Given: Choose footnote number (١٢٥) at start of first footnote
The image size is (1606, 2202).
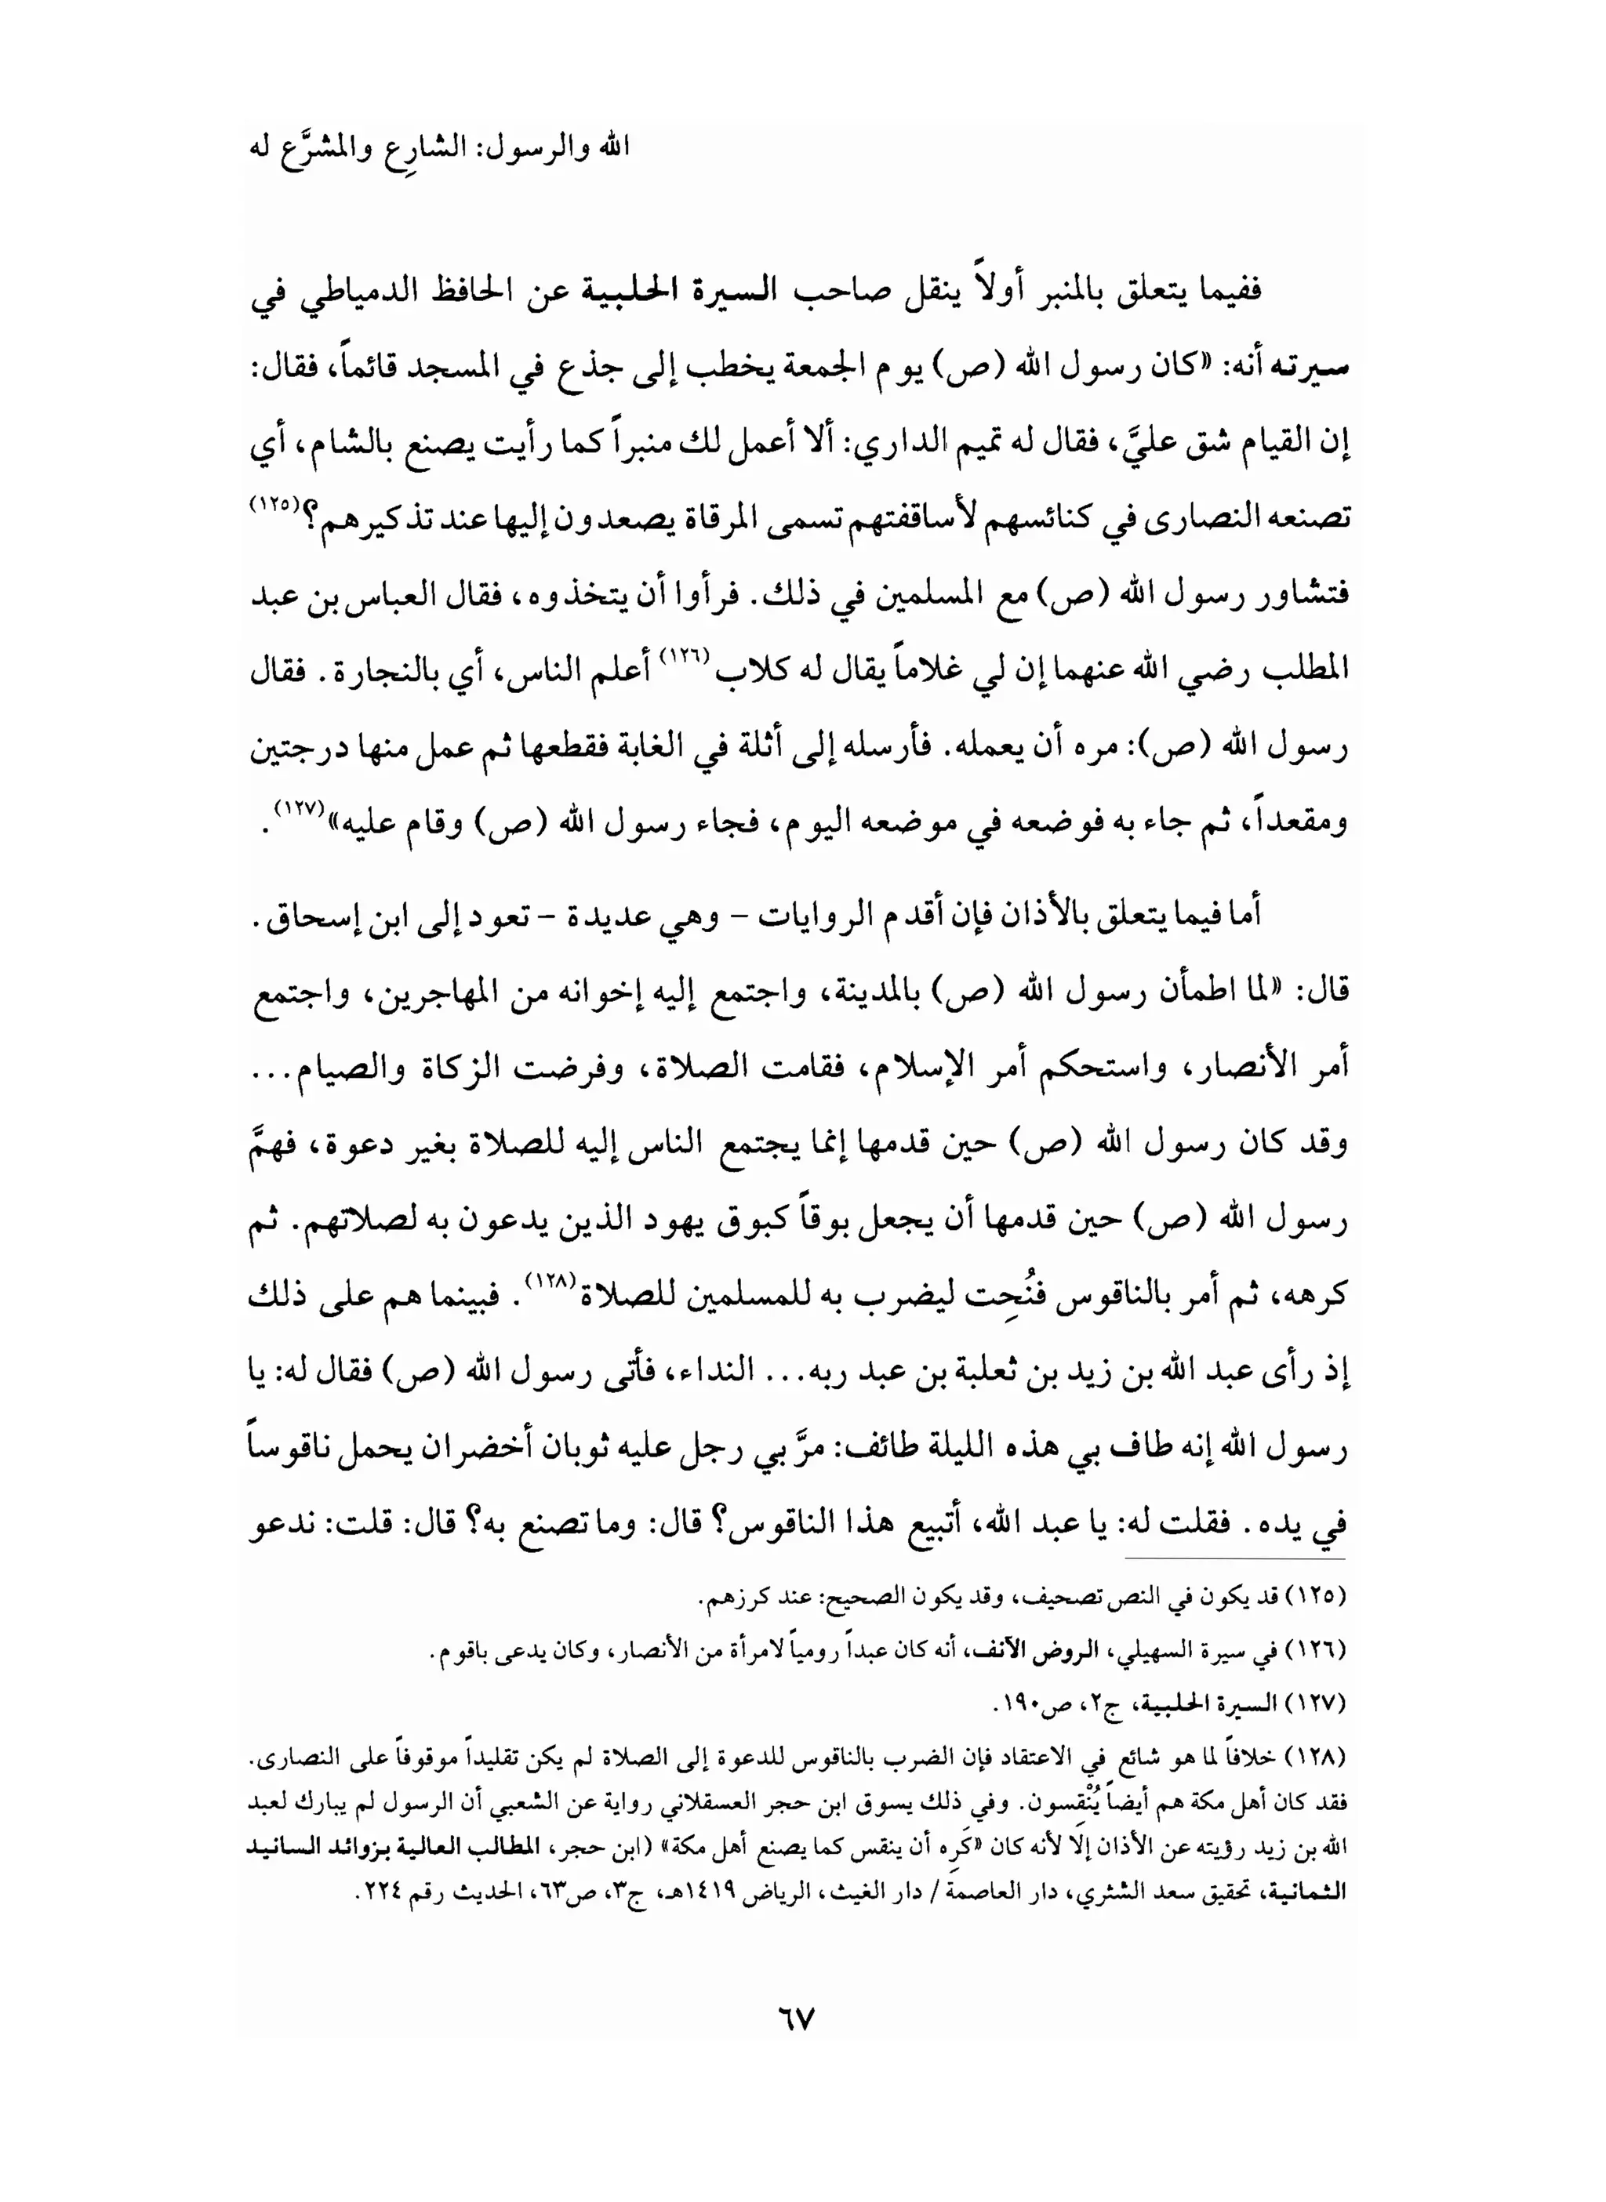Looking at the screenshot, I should coord(1317,1597).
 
